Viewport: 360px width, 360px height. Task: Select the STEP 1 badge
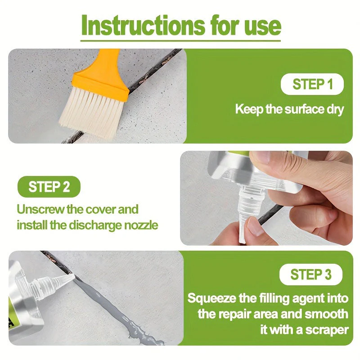coord(312,84)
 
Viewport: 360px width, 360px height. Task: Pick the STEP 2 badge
coord(49,187)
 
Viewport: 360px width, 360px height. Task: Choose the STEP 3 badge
coord(311,274)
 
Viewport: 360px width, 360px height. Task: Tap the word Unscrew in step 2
coord(40,209)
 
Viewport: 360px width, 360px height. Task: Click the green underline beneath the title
coord(180,41)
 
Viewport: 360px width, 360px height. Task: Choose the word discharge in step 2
coord(95,225)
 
